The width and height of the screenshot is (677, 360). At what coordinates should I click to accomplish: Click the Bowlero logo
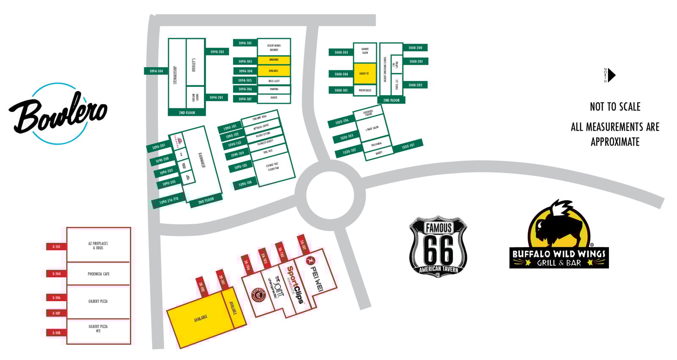pos(58,113)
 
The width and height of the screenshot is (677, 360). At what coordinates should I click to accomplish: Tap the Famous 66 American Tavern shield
pos(438,247)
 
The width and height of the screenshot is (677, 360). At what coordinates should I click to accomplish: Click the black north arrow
pos(611,75)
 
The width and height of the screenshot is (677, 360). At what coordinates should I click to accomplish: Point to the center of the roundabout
pos(330,195)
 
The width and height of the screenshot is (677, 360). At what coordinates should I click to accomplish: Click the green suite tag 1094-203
pos(217,52)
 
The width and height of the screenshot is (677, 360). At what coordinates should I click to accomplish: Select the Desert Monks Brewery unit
pos(274,47)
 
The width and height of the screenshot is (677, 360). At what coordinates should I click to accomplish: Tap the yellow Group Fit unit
pos(364,74)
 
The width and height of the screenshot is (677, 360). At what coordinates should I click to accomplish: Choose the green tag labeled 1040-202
pos(415,85)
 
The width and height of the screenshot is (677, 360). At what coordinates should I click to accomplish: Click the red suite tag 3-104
pos(56,274)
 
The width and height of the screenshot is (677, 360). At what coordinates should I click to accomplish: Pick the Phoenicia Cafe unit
pos(98,274)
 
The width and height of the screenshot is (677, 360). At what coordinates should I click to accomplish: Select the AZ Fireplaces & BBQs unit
pos(98,245)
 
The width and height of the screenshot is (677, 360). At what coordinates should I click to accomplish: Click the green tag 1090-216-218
pos(168,201)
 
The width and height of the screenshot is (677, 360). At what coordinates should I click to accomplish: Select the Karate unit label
pos(274,98)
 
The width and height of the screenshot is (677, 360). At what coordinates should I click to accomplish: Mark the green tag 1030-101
pos(408,146)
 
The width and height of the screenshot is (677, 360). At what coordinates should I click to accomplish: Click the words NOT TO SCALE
pos(615,107)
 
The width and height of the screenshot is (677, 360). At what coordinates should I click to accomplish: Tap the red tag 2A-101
pos(303,244)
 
